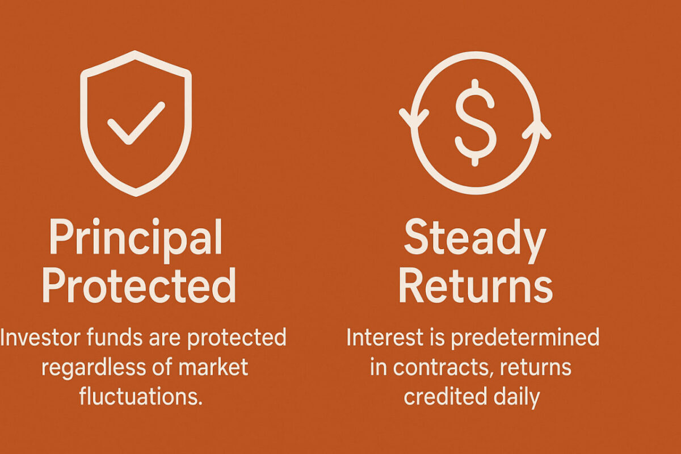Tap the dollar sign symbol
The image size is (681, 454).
click(x=475, y=123)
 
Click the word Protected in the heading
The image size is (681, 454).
click(x=139, y=285)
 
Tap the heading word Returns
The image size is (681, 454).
click(x=476, y=285)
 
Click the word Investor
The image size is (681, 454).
click(x=40, y=337)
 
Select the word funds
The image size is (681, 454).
click(x=114, y=337)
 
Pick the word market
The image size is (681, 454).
click(x=213, y=367)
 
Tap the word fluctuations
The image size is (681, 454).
click(x=141, y=396)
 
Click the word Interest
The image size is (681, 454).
click(x=385, y=337)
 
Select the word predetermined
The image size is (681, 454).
click(x=525, y=338)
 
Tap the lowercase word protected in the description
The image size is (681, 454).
click(x=237, y=338)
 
